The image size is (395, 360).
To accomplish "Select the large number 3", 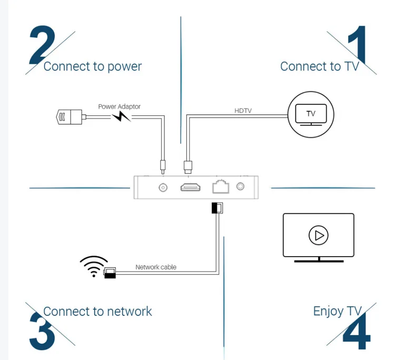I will (x=42, y=331).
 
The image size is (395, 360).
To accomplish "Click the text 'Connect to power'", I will (x=92, y=66).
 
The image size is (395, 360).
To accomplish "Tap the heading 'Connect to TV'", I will (x=319, y=66).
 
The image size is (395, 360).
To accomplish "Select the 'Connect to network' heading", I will (x=97, y=311).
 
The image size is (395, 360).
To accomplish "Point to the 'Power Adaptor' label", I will (x=120, y=106).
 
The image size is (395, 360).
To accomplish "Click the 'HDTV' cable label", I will (x=243, y=111).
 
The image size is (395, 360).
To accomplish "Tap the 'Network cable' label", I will (x=156, y=267).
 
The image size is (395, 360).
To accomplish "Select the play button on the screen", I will (x=318, y=235).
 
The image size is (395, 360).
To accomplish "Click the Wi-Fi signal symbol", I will (x=93, y=266).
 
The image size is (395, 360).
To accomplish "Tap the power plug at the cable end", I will (x=69, y=116).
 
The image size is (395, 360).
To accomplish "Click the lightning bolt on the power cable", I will (x=121, y=116).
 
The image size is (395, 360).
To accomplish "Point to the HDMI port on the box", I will (x=191, y=187).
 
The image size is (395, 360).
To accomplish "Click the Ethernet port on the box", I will (x=220, y=187).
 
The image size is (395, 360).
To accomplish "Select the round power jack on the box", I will (x=163, y=187).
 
